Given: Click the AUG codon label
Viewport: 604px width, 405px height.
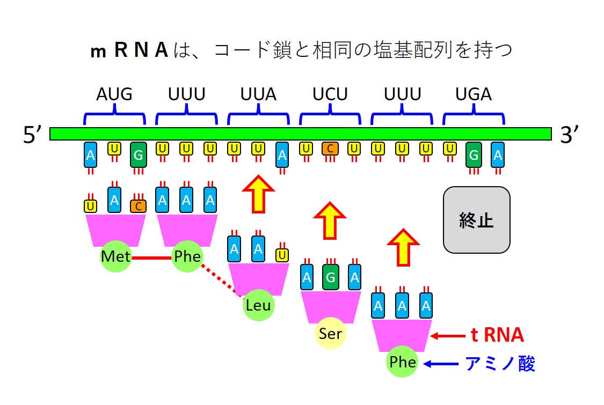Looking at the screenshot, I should (114, 94).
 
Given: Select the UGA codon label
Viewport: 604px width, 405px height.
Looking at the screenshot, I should (474, 94).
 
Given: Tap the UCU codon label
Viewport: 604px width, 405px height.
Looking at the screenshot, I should (330, 94).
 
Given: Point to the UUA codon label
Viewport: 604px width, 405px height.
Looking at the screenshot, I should (258, 94).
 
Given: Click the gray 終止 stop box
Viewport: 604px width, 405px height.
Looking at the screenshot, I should (476, 220).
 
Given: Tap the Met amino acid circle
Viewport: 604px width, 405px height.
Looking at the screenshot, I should (115, 256).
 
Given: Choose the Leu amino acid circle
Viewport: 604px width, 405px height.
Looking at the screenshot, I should (258, 305).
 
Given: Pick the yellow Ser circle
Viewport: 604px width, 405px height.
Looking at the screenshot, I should (330, 334).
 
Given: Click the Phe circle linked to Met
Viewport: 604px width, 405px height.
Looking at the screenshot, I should (187, 256).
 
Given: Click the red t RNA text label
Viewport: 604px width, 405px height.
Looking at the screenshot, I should (497, 335).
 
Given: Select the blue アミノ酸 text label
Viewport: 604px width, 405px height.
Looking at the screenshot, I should (500, 364).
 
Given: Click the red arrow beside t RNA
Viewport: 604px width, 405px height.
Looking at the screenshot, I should (449, 336).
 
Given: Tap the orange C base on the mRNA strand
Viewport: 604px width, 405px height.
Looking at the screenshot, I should (330, 149).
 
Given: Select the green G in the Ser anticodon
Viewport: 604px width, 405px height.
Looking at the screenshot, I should (331, 277).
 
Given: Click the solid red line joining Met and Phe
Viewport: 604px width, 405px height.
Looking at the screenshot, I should (151, 257).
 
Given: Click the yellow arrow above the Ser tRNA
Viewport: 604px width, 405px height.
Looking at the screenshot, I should (330, 220).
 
